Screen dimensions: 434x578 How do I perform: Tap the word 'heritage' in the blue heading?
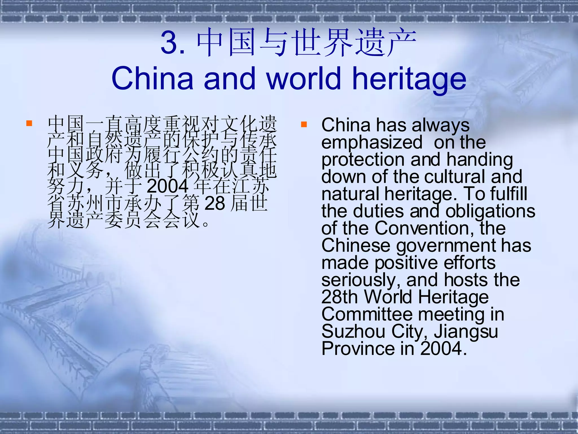point(409,79)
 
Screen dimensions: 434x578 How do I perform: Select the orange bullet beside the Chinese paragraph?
point(29,123)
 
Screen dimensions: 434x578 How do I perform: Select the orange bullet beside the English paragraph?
point(304,124)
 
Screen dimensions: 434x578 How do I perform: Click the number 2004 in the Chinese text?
point(168,186)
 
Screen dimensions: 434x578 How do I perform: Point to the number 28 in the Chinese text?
point(215,203)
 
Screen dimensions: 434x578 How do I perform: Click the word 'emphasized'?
point(372,142)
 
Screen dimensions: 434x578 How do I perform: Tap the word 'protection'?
point(363,160)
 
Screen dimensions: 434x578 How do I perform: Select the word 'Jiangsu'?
point(466,332)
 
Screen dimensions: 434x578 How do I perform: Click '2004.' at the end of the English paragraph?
point(443,349)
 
